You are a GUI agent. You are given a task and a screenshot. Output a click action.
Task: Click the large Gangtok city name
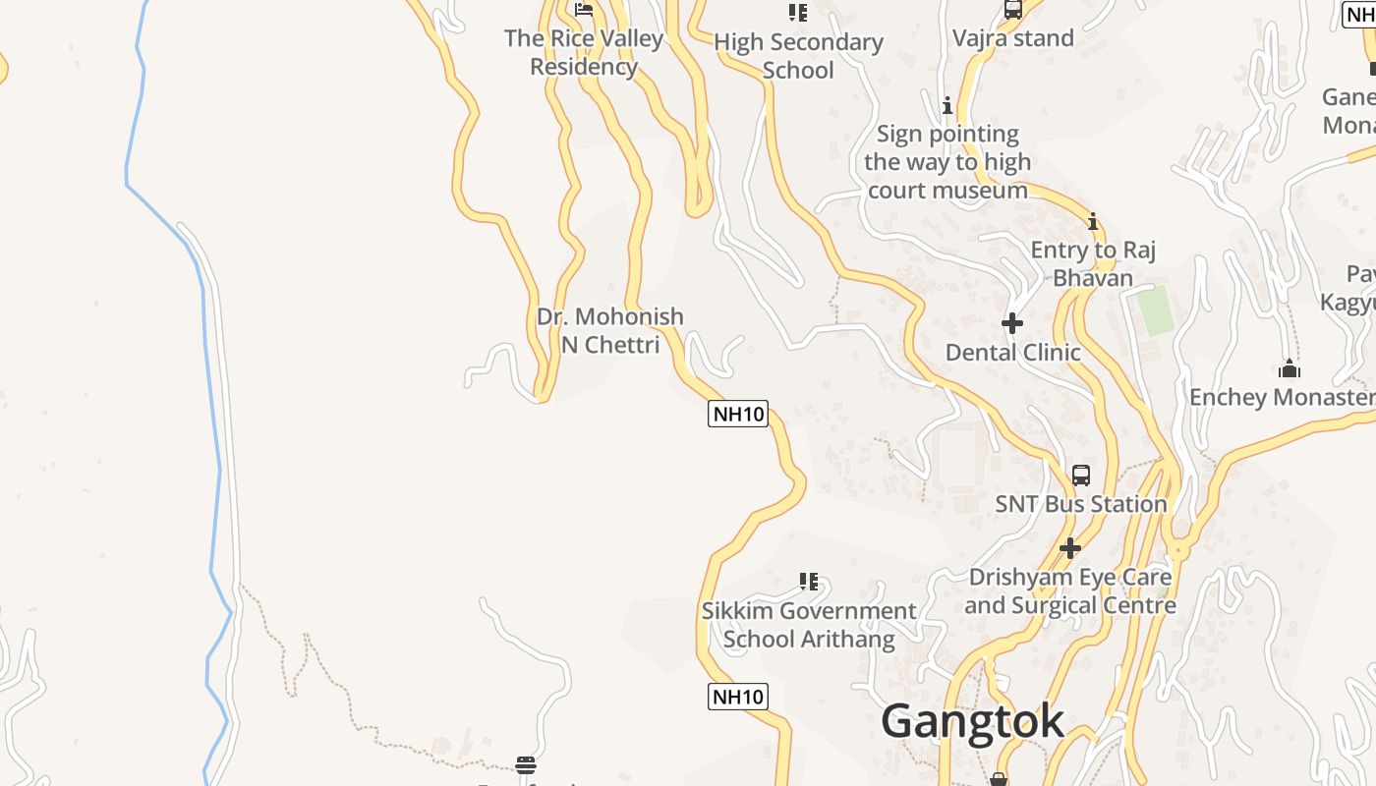coord(972,721)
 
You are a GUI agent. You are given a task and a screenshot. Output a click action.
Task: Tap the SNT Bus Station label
coord(1080,504)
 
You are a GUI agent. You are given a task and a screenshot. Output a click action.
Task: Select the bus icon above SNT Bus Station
coord(1081,476)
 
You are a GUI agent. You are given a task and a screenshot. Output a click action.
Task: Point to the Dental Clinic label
coord(1012,352)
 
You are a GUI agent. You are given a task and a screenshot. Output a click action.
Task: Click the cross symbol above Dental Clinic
coord(1011,322)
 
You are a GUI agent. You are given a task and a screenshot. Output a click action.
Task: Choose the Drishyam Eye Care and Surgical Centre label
coord(1070,590)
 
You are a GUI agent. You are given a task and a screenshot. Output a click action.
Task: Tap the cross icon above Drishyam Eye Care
coord(1070,548)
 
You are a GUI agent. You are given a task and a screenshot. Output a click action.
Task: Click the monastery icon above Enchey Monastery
coord(1290,369)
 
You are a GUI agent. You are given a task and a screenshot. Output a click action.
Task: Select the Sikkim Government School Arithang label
coord(809,625)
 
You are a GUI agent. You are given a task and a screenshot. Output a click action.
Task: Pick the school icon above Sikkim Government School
coord(809,582)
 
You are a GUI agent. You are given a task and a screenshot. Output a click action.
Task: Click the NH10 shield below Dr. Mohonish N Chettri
coord(737,414)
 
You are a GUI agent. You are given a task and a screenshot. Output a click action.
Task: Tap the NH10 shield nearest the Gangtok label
coord(737,697)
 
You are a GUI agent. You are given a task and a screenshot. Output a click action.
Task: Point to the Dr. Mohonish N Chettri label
coord(609,330)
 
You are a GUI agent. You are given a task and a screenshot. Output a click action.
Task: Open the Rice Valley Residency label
coord(584,52)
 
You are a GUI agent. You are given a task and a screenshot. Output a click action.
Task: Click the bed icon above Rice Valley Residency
coord(584,11)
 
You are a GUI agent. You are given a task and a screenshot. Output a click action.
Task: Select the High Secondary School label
coord(798,56)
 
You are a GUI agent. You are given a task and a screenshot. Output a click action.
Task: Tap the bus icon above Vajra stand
coord(1013,10)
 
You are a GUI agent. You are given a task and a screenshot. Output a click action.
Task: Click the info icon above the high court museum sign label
coord(947,105)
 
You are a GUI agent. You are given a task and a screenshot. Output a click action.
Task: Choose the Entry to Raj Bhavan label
coord(1093,263)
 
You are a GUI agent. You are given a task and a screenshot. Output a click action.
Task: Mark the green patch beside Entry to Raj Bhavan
coord(1154,310)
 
